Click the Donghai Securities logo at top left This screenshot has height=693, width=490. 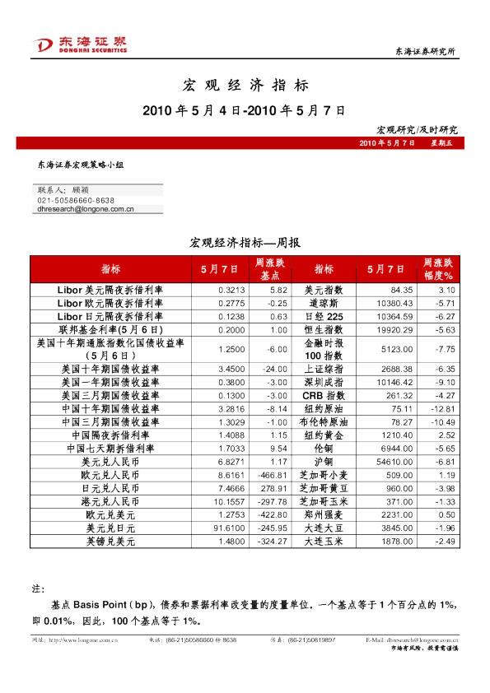[80, 44]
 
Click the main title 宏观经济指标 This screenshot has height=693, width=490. [245, 85]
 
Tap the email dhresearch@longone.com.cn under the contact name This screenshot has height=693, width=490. [86, 209]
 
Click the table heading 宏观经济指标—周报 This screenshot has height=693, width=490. [245, 243]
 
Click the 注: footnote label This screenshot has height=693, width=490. [36, 589]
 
